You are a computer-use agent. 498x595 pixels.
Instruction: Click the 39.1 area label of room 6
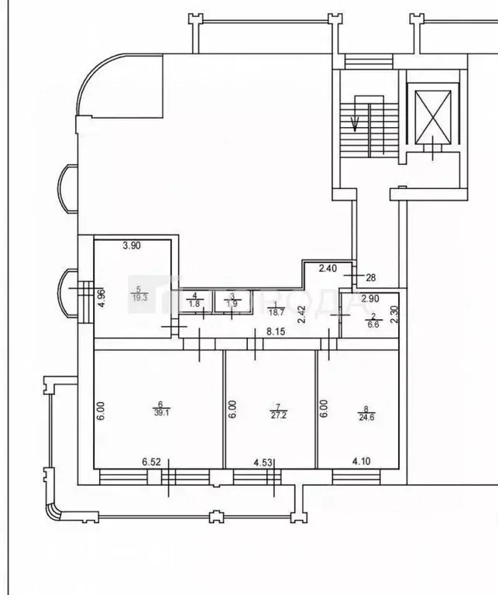point(160,413)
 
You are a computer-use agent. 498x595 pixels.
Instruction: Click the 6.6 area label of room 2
point(373,326)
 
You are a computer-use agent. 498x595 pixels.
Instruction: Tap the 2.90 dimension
point(369,298)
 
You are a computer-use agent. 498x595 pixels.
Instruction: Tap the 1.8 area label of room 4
point(195,304)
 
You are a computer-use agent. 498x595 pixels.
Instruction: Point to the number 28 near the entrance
point(370,277)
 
